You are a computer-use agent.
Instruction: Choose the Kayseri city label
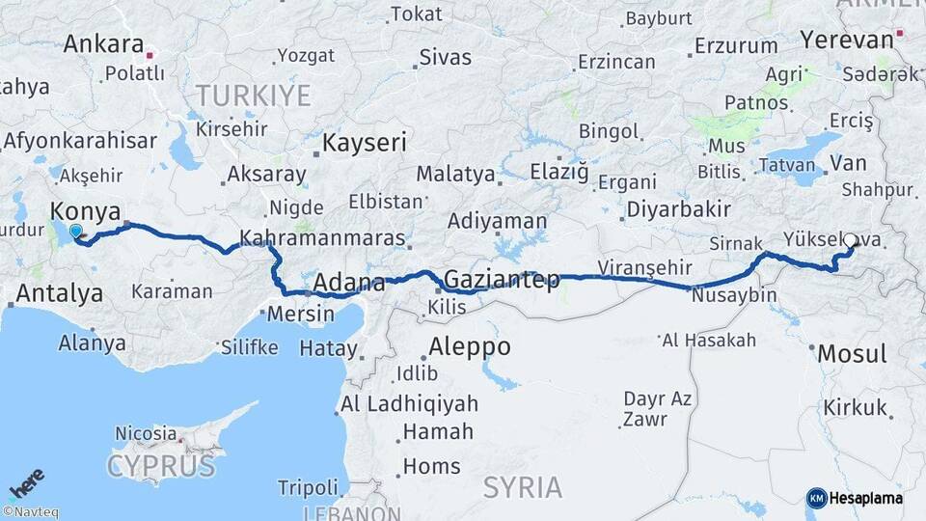pyautogui.click(x=364, y=143)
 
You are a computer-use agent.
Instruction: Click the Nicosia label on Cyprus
pyautogui.click(x=146, y=433)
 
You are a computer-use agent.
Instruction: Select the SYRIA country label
pyautogui.click(x=524, y=487)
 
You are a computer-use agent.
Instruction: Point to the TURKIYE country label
pyautogui.click(x=253, y=96)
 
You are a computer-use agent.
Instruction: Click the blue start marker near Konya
pyautogui.click(x=76, y=232)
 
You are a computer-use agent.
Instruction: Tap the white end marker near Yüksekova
pyautogui.click(x=852, y=250)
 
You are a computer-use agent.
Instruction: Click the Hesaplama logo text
pyautogui.click(x=865, y=497)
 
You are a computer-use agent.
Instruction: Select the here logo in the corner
pyautogui.click(x=26, y=481)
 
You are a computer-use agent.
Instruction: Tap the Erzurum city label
pyautogui.click(x=736, y=45)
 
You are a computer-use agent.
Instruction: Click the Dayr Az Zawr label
pyautogui.click(x=657, y=407)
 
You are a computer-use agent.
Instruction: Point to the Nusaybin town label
pyautogui.click(x=734, y=295)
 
